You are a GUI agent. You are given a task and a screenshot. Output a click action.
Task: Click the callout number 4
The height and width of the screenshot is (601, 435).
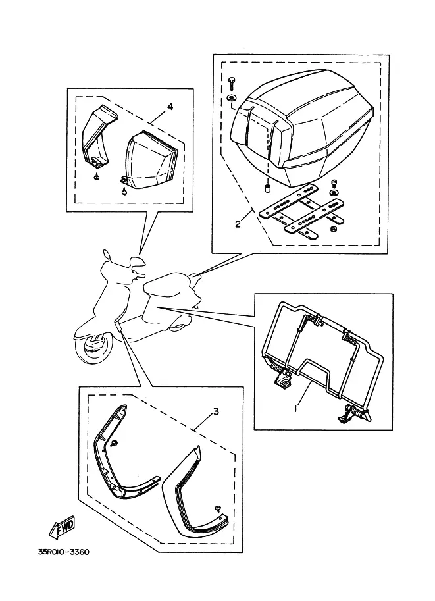click(170, 107)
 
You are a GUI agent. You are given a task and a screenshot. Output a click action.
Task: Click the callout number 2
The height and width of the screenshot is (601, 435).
click(238, 224)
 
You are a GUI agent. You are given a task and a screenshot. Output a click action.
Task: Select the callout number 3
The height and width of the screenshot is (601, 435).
click(216, 411)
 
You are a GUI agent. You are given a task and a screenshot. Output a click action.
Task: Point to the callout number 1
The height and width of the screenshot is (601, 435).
click(295, 409)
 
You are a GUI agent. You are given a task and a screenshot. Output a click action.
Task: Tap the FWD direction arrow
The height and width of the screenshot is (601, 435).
click(62, 527)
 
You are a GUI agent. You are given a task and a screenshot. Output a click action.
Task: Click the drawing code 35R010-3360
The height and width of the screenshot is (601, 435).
click(64, 552)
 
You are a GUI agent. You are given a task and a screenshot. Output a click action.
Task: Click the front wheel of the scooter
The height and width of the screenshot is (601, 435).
click(93, 348)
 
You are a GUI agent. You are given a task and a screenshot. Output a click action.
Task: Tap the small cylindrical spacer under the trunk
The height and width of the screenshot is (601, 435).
click(266, 189)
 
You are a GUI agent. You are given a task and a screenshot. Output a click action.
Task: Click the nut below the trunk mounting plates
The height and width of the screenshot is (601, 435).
click(333, 229)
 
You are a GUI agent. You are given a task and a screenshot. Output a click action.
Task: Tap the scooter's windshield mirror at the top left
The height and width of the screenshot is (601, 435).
click(107, 255)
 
